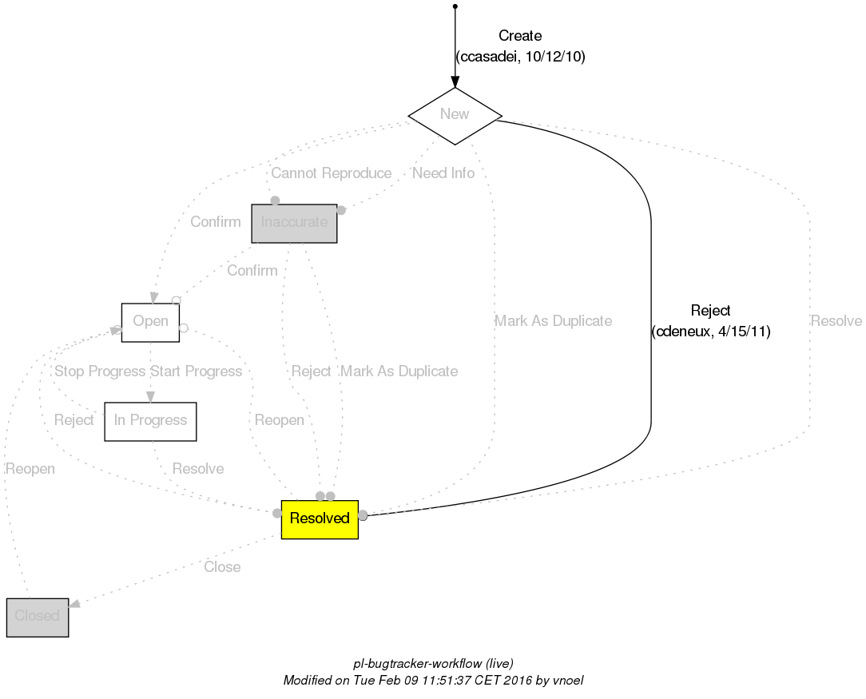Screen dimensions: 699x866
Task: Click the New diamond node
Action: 455,115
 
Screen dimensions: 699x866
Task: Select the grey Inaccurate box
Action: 294,223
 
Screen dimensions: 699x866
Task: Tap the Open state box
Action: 150,322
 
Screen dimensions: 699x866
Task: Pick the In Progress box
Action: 150,421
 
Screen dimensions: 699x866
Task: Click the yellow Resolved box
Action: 320,519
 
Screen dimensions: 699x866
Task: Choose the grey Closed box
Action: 37,617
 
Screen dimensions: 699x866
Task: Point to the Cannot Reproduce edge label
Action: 331,174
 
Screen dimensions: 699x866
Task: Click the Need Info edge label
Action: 443,174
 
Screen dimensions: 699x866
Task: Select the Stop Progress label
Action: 100,372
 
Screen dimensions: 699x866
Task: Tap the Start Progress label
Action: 197,372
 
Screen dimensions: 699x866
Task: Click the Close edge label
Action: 222,568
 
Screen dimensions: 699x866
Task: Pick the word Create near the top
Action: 520,37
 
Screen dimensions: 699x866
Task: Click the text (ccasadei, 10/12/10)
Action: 520,58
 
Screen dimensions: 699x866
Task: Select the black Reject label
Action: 711,312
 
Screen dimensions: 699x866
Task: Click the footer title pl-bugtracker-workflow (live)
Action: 433,664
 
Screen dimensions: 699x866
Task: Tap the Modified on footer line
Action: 433,681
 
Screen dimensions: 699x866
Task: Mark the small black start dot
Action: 455,6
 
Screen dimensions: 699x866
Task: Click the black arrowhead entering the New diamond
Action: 455,82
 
